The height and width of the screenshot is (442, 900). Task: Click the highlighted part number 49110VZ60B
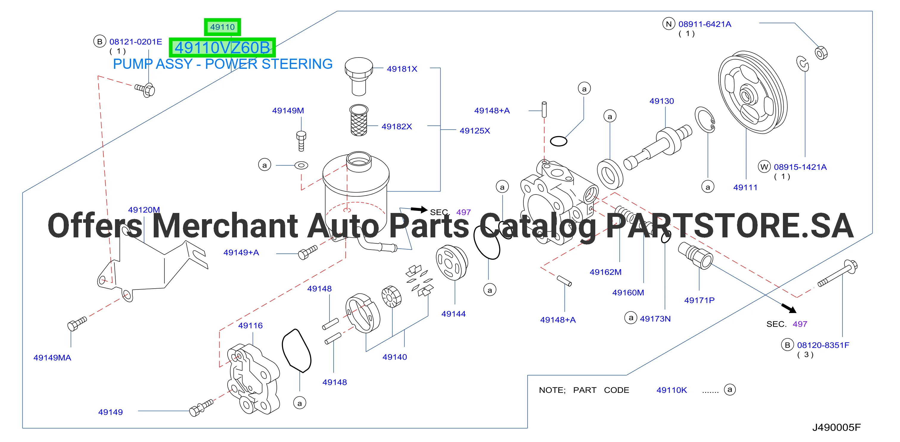pos(222,48)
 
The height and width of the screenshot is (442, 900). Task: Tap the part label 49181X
pos(402,69)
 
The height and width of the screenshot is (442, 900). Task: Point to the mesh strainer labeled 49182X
pos(359,120)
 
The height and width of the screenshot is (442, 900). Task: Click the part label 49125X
pos(475,131)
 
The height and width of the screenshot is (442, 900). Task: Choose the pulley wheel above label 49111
pos(752,92)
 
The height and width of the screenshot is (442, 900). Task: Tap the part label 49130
pos(661,101)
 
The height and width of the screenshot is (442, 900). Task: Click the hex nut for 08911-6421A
pos(821,53)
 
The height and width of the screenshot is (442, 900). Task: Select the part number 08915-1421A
pos(800,167)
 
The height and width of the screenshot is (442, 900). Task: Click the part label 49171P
pos(699,300)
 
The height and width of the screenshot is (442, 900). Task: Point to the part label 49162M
pos(605,272)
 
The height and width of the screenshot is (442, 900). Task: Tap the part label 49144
pos(453,314)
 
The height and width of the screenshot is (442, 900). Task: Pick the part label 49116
pos(250,325)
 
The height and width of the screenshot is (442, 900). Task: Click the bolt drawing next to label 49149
pos(201,407)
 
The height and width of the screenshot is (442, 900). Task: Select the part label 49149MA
pos(52,357)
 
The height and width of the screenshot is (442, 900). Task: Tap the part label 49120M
pos(144,210)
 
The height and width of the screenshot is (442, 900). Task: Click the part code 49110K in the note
pos(671,390)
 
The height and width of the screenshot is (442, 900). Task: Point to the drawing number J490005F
pos(836,427)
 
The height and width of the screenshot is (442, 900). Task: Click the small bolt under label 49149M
pos(301,141)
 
